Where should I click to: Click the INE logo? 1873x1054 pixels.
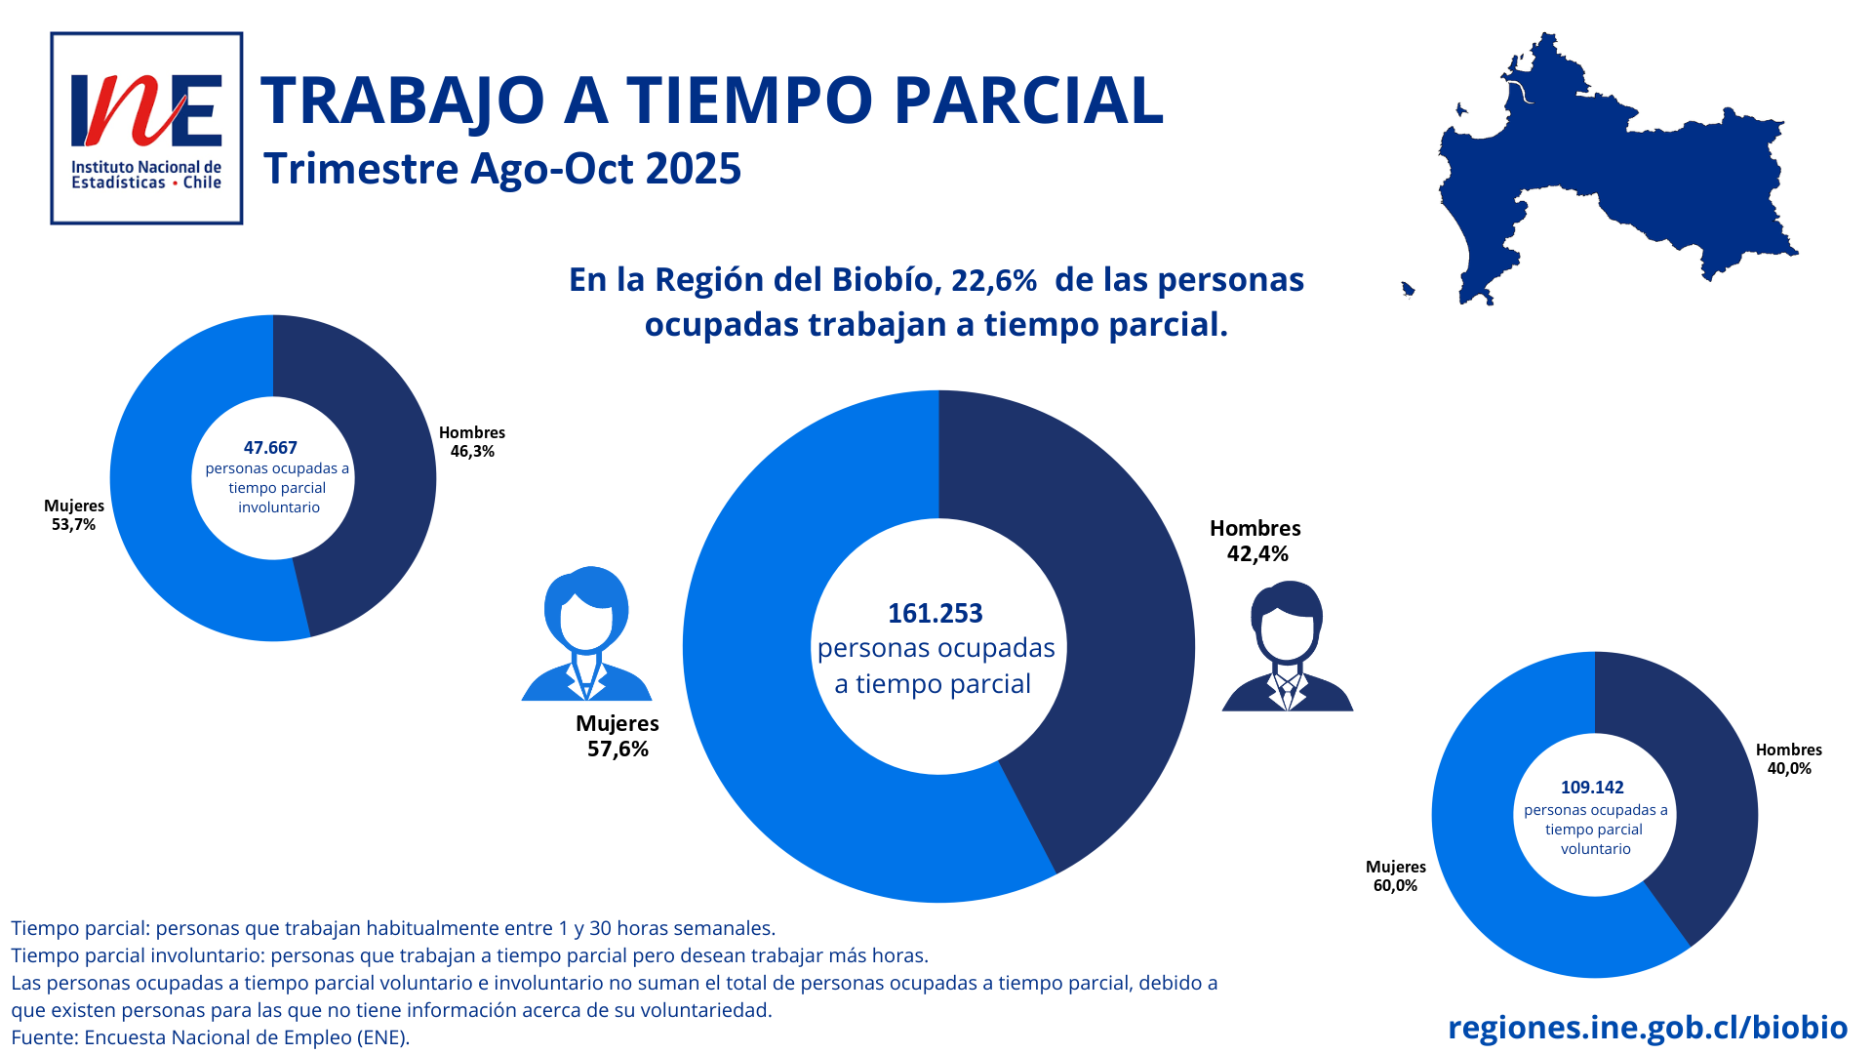(x=146, y=128)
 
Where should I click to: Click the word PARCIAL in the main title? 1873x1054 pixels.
(x=1028, y=101)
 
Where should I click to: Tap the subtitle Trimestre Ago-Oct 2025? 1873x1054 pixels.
(x=502, y=169)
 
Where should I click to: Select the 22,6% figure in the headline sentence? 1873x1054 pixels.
(x=993, y=281)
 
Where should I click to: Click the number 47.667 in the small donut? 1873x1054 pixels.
(x=270, y=448)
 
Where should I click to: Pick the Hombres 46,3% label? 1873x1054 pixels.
(x=472, y=442)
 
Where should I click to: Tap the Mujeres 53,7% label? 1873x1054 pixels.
(x=74, y=515)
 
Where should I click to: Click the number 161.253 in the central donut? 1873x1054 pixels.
(x=936, y=614)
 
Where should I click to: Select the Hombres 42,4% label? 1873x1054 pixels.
(x=1255, y=541)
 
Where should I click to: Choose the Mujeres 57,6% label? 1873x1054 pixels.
(x=618, y=736)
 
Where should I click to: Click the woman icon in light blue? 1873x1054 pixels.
(x=586, y=634)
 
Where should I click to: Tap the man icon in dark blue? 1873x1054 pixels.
(x=1288, y=647)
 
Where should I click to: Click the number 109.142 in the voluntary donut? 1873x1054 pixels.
(x=1592, y=788)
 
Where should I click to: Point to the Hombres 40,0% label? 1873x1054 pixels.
(x=1789, y=759)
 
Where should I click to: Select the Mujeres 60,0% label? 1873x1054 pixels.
(x=1395, y=876)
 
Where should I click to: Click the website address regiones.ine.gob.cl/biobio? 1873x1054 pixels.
(x=1648, y=1028)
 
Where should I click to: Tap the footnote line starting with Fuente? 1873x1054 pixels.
(x=211, y=1037)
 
